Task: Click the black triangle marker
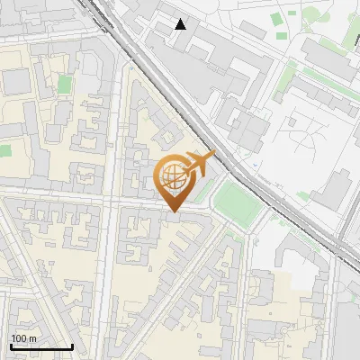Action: pyautogui.click(x=181, y=24)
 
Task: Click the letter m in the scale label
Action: pyautogui.click(x=33, y=337)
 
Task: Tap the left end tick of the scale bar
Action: pyautogui.click(x=10, y=346)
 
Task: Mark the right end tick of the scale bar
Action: pyautogui.click(x=72, y=346)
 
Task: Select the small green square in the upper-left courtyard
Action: pyautogui.click(x=64, y=85)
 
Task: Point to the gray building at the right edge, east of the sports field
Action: pyautogui.click(x=335, y=189)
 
